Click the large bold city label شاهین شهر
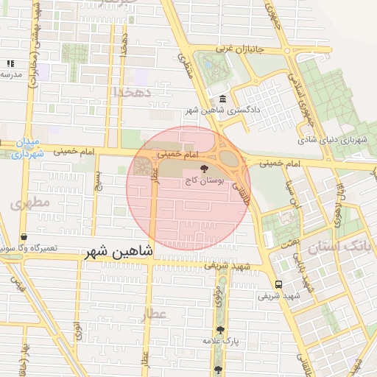tap(119, 251)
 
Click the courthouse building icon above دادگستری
tap(222, 99)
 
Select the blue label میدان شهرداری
tap(29, 148)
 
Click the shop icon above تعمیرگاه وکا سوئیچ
tap(24, 238)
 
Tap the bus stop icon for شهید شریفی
tap(278, 284)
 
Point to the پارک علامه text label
tap(219, 342)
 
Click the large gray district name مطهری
tap(31, 201)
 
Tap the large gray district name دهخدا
tap(133, 91)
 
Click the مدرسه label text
tap(9, 74)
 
